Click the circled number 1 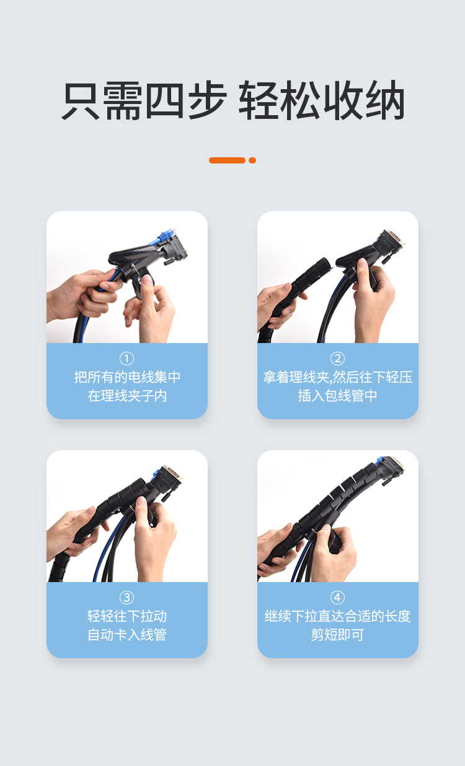point(126,359)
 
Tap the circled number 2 point(337,359)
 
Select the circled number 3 point(126,598)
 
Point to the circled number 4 point(337,598)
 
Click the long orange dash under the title point(227,160)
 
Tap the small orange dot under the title point(252,160)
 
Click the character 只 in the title point(81,100)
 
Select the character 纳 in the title point(385,100)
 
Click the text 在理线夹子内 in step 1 point(127,396)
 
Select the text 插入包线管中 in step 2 point(337,396)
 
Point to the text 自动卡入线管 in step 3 point(127,635)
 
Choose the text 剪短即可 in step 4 point(337,635)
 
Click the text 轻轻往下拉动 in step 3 point(127,617)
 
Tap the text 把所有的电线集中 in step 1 point(127,378)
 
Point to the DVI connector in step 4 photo point(391,469)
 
